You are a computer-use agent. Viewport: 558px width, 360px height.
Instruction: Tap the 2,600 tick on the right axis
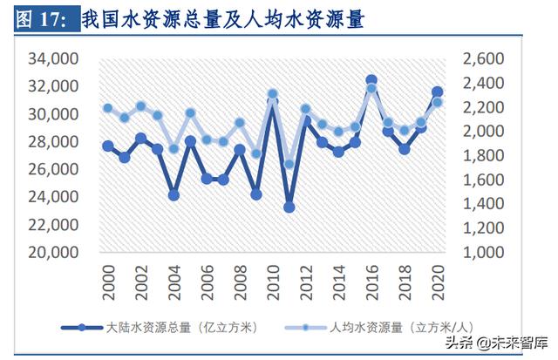pyautogui.click(x=481, y=59)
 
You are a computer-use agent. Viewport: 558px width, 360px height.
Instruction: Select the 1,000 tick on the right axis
pyautogui.click(x=481, y=253)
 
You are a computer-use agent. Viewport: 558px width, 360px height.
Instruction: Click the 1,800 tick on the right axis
pyautogui.click(x=481, y=156)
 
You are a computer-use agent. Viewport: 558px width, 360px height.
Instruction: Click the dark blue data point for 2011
pyautogui.click(x=289, y=207)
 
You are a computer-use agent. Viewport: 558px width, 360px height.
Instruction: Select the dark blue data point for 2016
pyautogui.click(x=371, y=80)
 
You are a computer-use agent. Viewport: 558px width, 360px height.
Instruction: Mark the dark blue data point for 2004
pyautogui.click(x=174, y=195)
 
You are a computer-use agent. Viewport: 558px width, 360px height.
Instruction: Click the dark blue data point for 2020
pyautogui.click(x=437, y=92)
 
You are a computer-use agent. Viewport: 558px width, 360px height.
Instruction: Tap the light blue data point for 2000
pyautogui.click(x=108, y=108)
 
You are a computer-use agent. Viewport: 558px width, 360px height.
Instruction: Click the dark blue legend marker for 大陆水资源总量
pyautogui.click(x=82, y=328)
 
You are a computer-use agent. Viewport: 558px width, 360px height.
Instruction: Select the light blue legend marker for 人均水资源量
pyautogui.click(x=308, y=328)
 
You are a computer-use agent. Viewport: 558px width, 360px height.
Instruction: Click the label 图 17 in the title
pyautogui.click(x=41, y=18)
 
